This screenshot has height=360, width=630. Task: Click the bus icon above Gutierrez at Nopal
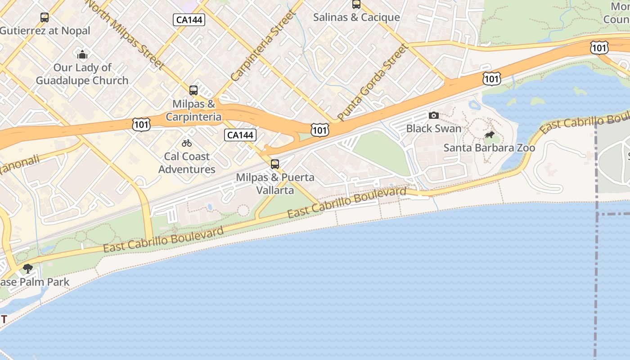pos(44,18)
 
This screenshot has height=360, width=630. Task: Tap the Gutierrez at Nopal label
pos(45,31)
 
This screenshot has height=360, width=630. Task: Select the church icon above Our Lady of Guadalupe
pos(82,55)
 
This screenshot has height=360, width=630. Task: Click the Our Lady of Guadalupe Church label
pos(82,74)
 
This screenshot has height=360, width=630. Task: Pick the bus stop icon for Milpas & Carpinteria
pos(193,90)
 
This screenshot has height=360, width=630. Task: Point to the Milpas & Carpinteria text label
pos(193,110)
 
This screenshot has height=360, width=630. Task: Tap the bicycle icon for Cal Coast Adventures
pos(187,144)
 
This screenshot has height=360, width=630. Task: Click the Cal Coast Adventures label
pos(187,163)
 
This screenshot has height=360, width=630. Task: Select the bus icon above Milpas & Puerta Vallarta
pos(275,164)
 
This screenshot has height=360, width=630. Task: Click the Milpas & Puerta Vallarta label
pos(275,184)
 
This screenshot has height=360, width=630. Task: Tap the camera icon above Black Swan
pos(434,116)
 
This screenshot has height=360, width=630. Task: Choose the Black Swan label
pos(434,128)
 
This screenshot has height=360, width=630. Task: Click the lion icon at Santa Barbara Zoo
pos(490,135)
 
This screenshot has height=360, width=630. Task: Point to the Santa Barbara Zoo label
pos(490,148)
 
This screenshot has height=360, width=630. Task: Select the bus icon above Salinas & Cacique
pos(356,4)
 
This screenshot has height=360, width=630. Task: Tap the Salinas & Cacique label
pos(356,17)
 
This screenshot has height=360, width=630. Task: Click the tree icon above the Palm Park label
pos(28,269)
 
